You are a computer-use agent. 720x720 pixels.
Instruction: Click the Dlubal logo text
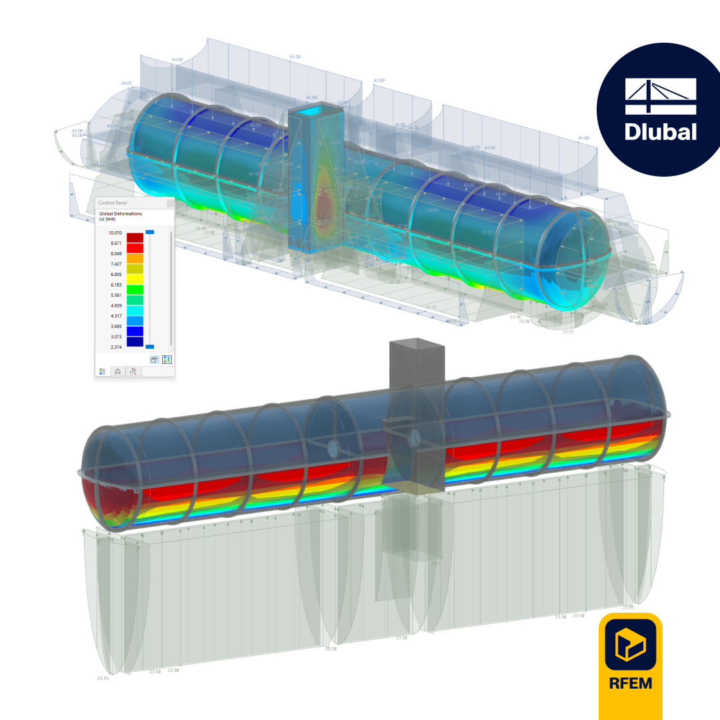pos(660,130)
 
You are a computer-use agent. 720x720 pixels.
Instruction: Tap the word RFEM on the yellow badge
pos(630,683)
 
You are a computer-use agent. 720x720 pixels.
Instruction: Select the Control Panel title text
pos(115,202)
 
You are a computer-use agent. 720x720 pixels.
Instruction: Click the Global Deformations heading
pos(121,214)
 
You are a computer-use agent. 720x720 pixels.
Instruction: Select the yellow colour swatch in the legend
pos(135,279)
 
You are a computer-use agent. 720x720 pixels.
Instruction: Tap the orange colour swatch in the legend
pos(135,258)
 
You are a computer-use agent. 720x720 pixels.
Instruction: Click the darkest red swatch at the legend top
pos(135,237)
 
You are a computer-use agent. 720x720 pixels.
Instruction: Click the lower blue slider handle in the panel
pos(150,347)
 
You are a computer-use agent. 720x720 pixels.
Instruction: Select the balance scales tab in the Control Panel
pos(118,371)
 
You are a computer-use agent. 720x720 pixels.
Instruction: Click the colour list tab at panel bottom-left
pos(103,371)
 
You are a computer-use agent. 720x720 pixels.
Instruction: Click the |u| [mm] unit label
pos(107,220)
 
